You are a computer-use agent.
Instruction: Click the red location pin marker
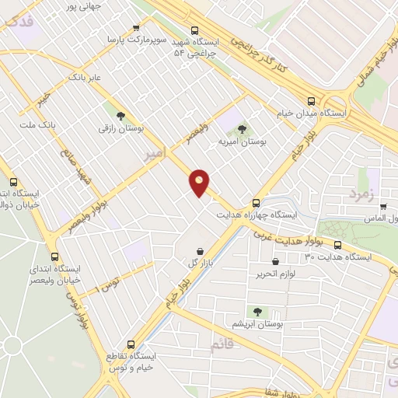pyautogui.click(x=200, y=182)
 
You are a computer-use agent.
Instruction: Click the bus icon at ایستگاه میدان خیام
pyautogui.click(x=312, y=101)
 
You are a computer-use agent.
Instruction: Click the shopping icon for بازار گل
pyautogui.click(x=202, y=250)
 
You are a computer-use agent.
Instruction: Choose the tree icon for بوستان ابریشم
pyautogui.click(x=257, y=311)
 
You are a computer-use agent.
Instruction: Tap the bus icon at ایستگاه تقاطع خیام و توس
pyautogui.click(x=130, y=344)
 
